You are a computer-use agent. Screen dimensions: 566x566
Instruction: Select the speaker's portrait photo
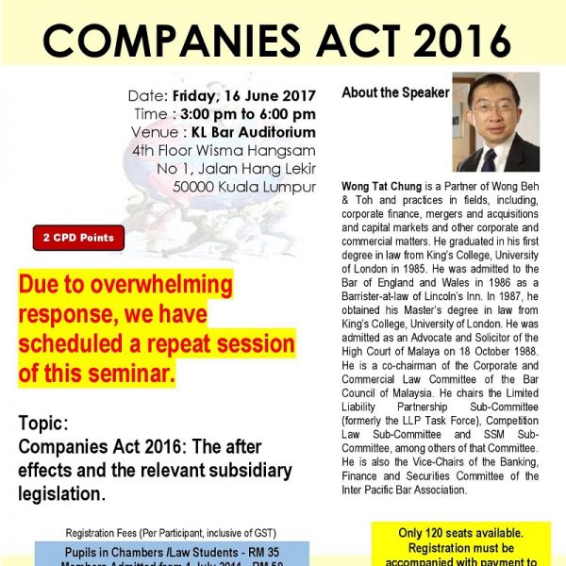click(496, 122)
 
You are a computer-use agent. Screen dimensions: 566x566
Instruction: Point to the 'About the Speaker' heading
click(395, 92)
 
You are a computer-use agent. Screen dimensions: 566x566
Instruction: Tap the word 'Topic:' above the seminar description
click(42, 424)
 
